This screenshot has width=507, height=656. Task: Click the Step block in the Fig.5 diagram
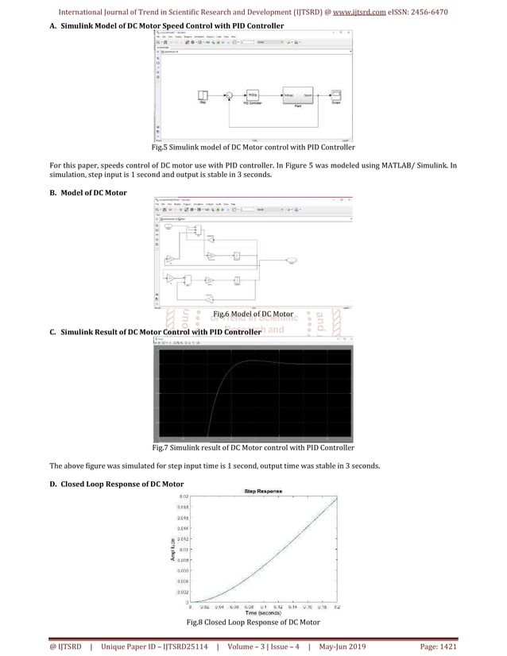202,95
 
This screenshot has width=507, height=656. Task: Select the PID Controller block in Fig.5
253,95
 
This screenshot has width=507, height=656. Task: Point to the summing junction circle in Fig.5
227,95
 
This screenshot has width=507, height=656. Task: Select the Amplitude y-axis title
172,548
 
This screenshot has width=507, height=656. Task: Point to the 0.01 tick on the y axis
183,549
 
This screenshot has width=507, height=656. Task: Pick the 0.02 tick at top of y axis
183,496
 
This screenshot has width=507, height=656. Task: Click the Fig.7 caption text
253,447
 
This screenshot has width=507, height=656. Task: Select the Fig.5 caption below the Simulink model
253,148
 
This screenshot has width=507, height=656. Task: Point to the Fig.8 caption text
253,622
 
